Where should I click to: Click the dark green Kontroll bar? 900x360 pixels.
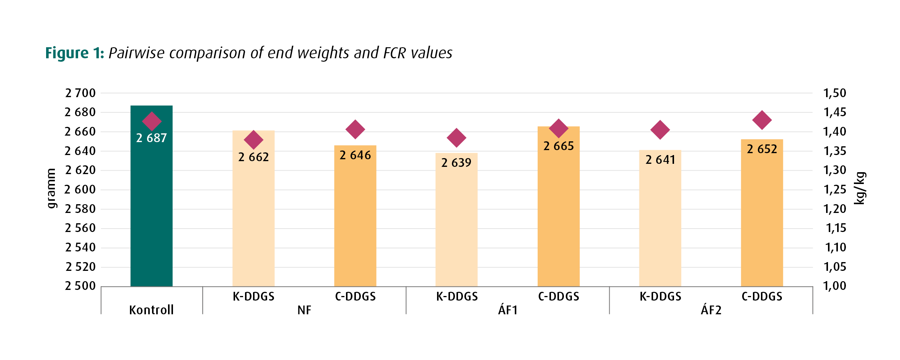click(x=151, y=196)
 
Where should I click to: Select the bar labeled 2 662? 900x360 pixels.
click(x=253, y=208)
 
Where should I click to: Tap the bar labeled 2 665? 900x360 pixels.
click(x=559, y=206)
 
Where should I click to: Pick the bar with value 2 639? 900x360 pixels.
click(x=456, y=220)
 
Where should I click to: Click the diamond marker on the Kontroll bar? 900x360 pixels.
click(x=152, y=122)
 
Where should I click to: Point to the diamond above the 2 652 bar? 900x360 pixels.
click(x=762, y=120)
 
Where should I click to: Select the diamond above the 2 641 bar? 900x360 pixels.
click(x=660, y=130)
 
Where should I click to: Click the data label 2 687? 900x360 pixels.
click(x=152, y=138)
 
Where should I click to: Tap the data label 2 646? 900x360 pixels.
click(x=355, y=155)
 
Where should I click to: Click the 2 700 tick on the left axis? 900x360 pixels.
click(x=80, y=93)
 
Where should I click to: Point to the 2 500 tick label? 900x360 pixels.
click(x=80, y=286)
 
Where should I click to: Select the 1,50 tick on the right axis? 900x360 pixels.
click(x=835, y=93)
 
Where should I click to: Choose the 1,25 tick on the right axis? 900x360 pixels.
click(x=835, y=189)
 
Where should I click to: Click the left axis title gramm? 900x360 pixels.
click(x=51, y=189)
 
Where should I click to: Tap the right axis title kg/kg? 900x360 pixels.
click(x=860, y=188)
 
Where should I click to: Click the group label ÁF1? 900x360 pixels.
click(x=508, y=310)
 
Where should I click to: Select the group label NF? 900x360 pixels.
click(x=304, y=310)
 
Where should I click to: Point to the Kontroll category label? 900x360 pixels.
click(x=151, y=310)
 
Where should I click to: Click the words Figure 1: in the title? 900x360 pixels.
click(x=75, y=53)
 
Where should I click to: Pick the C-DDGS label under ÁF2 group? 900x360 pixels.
click(x=762, y=296)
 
